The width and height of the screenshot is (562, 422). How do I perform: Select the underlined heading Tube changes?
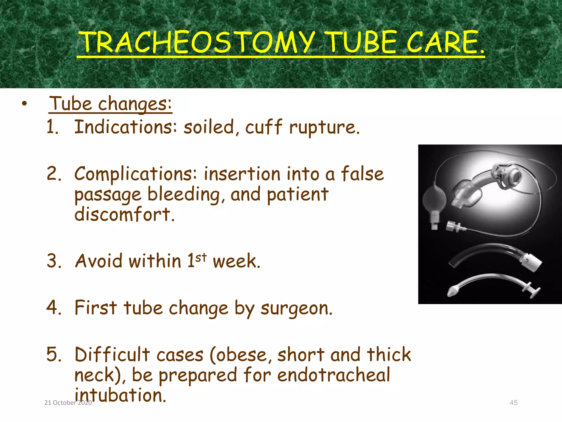click(110, 104)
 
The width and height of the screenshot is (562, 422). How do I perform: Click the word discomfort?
click(124, 214)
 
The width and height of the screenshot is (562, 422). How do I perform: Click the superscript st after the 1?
click(201, 257)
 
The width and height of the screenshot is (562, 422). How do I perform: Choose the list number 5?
click(53, 354)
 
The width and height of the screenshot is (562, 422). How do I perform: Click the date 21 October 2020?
click(68, 403)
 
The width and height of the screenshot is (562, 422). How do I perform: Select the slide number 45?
click(513, 403)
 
